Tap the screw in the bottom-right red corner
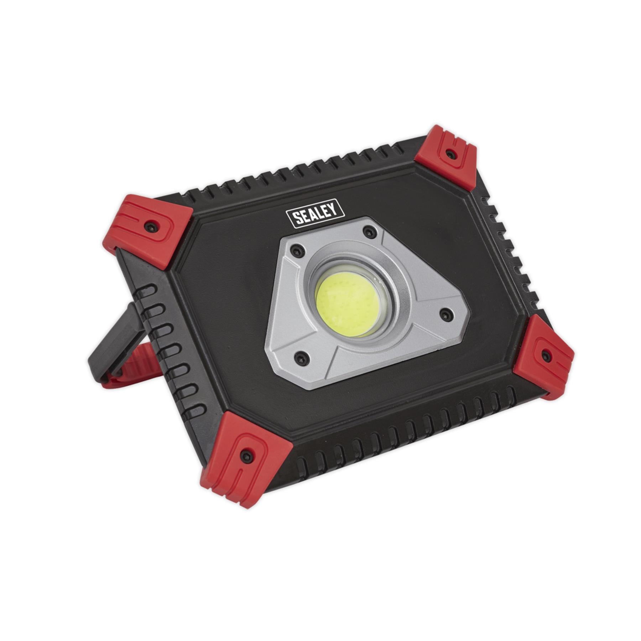point(547,355)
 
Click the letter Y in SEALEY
point(333,209)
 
